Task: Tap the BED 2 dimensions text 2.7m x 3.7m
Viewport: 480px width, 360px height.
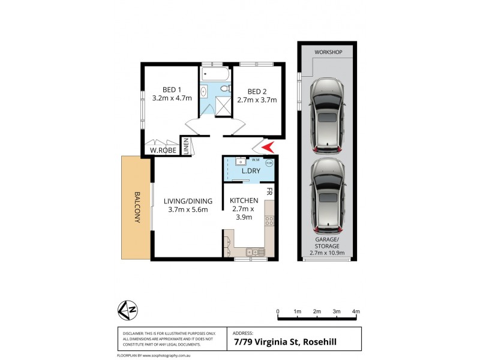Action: point(257,100)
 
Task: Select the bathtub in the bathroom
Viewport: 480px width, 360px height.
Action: point(215,75)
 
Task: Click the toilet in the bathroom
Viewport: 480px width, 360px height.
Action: point(225,89)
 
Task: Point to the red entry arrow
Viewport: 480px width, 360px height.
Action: point(268,146)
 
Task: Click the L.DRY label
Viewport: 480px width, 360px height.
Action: point(250,172)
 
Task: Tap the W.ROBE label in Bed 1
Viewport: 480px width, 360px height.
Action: point(163,151)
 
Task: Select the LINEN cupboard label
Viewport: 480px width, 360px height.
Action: point(187,147)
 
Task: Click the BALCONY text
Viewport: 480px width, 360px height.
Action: point(137,208)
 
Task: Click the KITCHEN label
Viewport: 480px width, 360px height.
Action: point(244,200)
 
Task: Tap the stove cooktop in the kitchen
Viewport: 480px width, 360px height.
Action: point(269,221)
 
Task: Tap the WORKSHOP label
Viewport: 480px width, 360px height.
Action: point(328,53)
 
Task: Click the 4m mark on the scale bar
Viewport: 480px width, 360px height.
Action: point(356,311)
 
